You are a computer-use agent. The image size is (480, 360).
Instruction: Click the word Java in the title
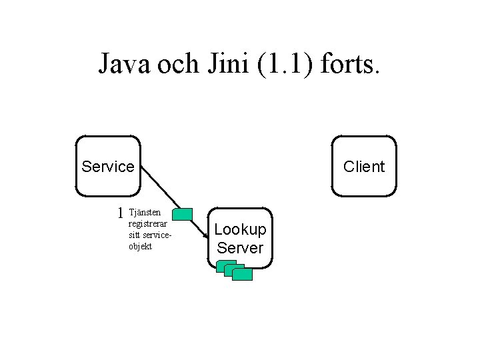coord(124,63)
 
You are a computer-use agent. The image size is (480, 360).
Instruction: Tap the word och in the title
coord(178,63)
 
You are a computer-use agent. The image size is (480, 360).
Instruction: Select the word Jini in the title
coord(228,63)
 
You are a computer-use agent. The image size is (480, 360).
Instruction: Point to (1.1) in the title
coord(285,64)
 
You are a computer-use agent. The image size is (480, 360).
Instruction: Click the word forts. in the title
coord(350,63)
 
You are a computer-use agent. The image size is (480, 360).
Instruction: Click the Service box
coord(108,166)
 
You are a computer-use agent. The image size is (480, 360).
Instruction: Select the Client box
coord(364,166)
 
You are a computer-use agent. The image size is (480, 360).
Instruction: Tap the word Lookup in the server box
coord(240,229)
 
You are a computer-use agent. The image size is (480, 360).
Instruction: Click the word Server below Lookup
coord(240,247)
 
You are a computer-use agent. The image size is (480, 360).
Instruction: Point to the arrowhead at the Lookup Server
coord(206,236)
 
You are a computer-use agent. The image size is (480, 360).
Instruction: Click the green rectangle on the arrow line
coord(182,214)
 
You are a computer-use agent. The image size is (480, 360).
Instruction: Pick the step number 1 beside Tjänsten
coord(120,213)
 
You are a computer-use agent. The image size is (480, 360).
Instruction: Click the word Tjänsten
coord(145,212)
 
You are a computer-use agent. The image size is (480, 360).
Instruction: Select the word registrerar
coord(148,224)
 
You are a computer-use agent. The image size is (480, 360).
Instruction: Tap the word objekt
coord(140,246)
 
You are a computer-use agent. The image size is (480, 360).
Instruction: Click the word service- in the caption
coord(157,235)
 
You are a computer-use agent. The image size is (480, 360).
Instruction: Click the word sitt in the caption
coord(135,235)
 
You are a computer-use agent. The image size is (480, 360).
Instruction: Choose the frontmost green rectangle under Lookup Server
coord(243,274)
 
